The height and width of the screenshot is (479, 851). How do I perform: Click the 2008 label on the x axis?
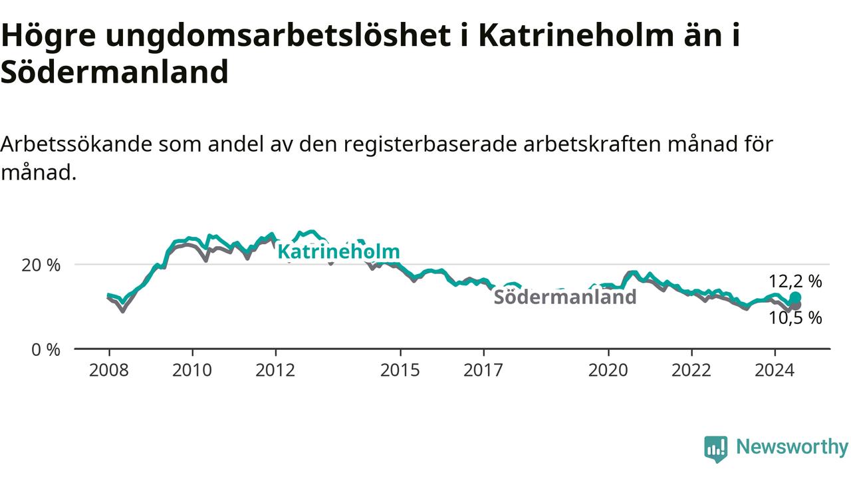tap(109, 370)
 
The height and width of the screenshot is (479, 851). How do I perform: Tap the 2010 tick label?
tap(192, 370)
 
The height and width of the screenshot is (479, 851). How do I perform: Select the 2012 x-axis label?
tap(275, 370)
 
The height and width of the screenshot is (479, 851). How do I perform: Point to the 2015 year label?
tap(400, 370)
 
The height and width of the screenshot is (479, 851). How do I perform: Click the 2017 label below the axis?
tap(483, 370)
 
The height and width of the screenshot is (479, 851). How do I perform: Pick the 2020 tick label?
tap(608, 370)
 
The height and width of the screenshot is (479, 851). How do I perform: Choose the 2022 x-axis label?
tap(691, 370)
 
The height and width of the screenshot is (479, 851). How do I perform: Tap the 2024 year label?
tap(775, 370)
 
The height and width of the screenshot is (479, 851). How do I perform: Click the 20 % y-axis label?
tap(41, 265)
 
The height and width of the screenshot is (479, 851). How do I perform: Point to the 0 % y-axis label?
tap(46, 349)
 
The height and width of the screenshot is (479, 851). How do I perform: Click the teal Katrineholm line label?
tap(339, 251)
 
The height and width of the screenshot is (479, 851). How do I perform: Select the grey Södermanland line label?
tap(565, 297)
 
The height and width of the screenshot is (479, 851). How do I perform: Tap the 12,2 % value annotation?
tap(796, 281)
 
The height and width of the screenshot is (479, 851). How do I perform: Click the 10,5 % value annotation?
tap(796, 317)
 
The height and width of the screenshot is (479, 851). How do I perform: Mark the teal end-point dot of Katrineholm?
tap(796, 297)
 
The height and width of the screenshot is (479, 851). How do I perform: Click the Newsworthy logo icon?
tap(716, 449)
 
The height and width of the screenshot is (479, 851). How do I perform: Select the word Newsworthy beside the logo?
tap(792, 447)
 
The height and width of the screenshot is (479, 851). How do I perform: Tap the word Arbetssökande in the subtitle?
tap(76, 144)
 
